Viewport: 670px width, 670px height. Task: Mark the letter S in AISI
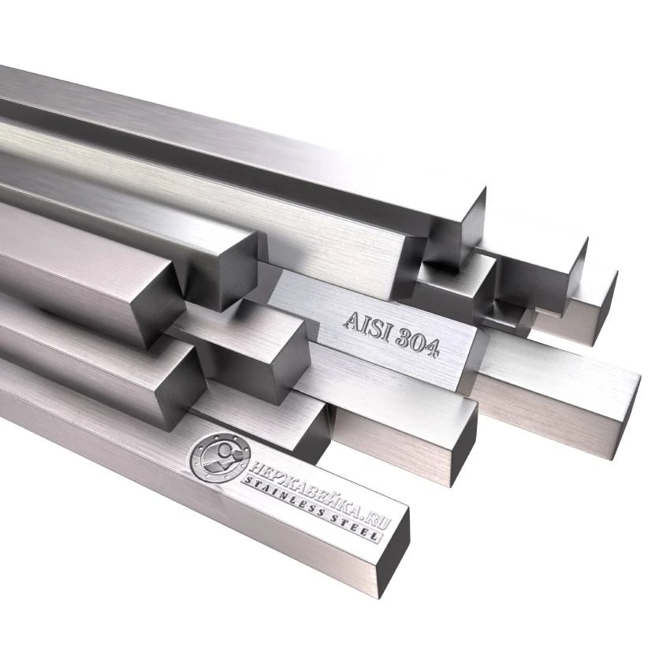click(374, 326)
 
